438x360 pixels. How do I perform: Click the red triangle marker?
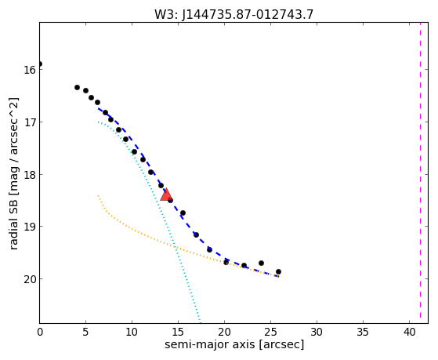point(166,195)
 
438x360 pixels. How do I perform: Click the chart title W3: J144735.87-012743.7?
point(234,14)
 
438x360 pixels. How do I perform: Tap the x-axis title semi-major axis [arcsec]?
point(234,344)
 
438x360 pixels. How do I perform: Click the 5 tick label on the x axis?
point(85,332)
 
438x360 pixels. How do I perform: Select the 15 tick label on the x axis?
point(178,332)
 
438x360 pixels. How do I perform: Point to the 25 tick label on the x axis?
point(270,332)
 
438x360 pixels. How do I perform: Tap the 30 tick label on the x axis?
point(317,332)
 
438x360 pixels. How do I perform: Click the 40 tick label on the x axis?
point(409,332)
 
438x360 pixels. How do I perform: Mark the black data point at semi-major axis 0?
point(40,64)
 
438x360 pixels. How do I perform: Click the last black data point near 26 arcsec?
point(278,271)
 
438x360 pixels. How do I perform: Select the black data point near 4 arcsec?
point(77,87)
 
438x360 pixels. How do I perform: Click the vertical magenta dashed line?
point(420,173)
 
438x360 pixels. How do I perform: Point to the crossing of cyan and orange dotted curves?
point(175,246)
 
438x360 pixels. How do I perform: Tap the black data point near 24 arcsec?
point(261,263)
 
